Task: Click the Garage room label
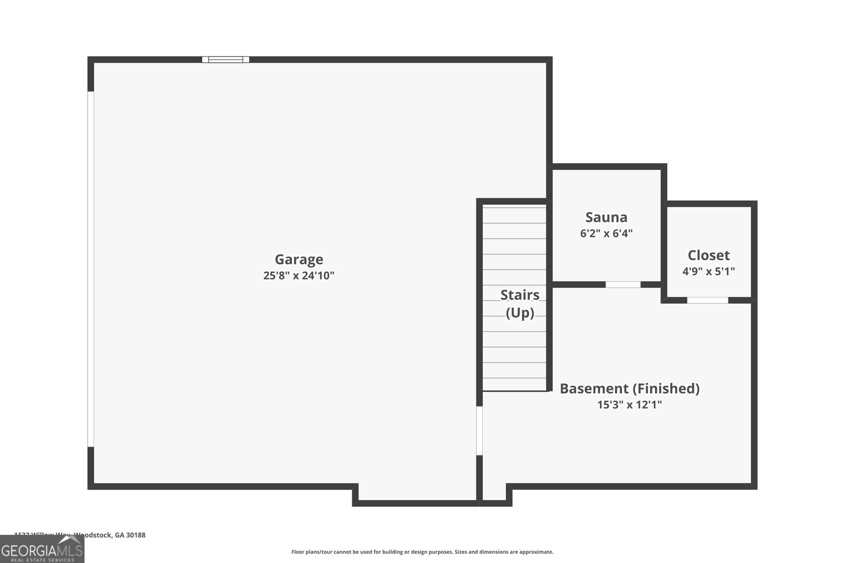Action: coord(298,259)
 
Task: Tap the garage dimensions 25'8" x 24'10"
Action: coord(298,275)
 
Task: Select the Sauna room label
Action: coord(606,217)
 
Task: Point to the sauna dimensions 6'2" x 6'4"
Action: coord(606,233)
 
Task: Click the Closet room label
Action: coord(708,255)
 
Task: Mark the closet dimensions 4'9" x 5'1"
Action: coord(708,271)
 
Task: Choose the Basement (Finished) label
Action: coord(629,388)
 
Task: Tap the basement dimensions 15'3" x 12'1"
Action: coord(629,405)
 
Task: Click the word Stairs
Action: coord(520,294)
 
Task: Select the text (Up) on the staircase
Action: coord(520,313)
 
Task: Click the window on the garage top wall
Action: coord(226,60)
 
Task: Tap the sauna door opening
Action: coord(623,284)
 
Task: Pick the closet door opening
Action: coord(707,300)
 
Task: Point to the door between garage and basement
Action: coord(480,430)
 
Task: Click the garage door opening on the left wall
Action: coord(91,269)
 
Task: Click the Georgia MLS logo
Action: coord(42,549)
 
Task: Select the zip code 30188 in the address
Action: coord(136,535)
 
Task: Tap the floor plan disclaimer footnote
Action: coord(422,552)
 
